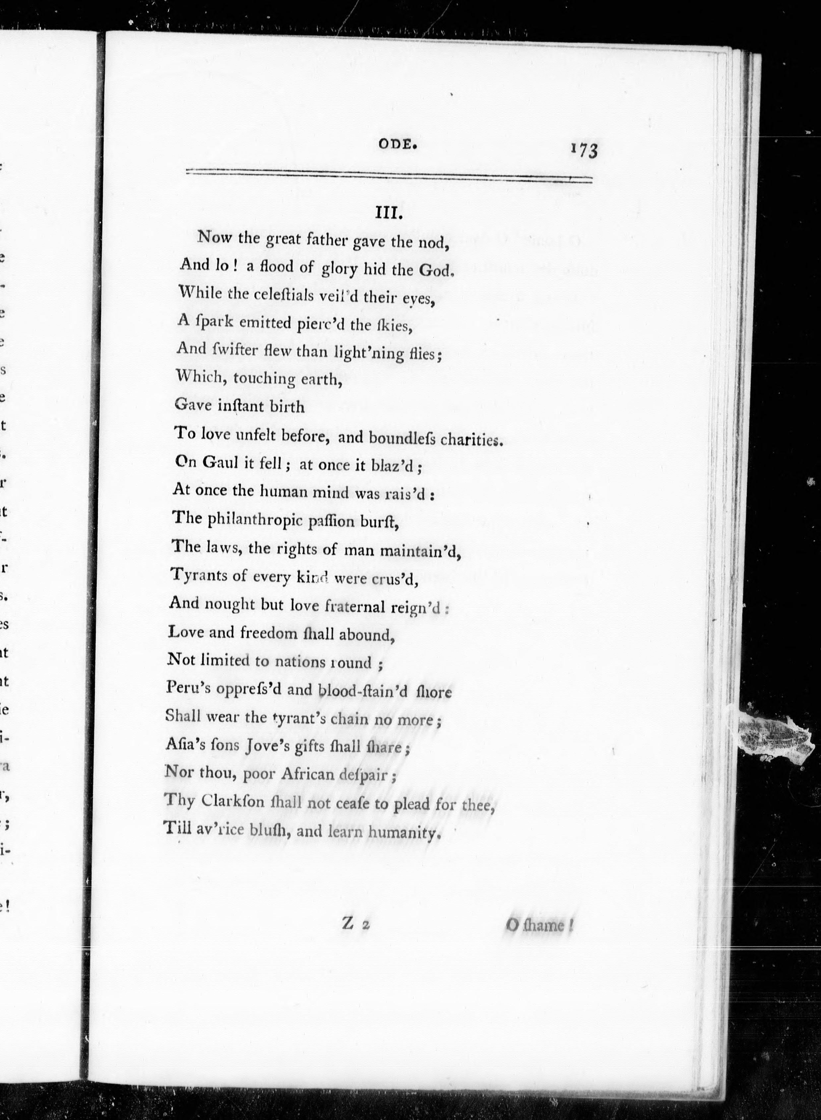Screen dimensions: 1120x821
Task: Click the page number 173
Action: pos(585,150)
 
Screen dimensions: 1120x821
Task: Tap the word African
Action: pos(308,774)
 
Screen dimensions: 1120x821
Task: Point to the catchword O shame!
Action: pos(539,926)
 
